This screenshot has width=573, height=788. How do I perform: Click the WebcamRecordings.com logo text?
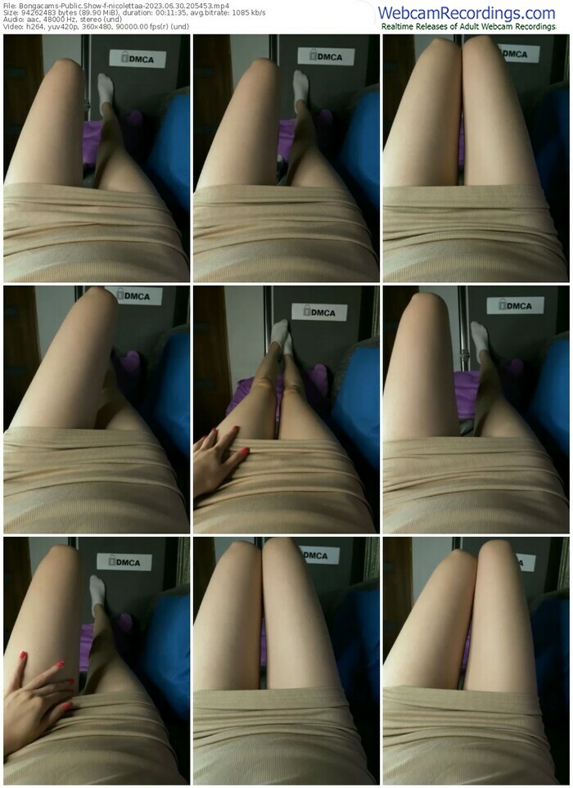[467, 12]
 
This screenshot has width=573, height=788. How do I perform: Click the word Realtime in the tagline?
[397, 27]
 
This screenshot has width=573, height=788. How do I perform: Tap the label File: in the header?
[10, 6]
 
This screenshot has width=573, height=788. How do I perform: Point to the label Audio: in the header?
[11, 19]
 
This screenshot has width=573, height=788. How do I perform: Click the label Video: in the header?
[12, 26]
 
